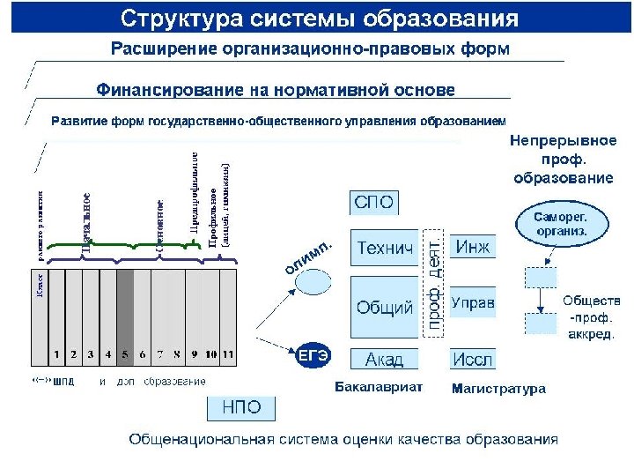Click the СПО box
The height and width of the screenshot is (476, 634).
pyautogui.click(x=374, y=204)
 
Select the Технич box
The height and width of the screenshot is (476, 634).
pyautogui.click(x=385, y=249)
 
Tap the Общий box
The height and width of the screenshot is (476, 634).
pyautogui.click(x=385, y=308)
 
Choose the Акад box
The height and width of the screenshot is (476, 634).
pyautogui.click(x=385, y=359)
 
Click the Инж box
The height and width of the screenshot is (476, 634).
pyautogui.click(x=473, y=246)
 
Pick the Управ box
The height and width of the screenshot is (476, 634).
pyautogui.click(x=473, y=302)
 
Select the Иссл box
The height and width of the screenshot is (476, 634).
pyautogui.click(x=473, y=359)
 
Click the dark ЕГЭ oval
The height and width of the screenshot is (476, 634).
pyautogui.click(x=313, y=355)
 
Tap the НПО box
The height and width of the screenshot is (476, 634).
pyautogui.click(x=240, y=407)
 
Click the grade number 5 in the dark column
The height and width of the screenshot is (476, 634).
pyautogui.click(x=125, y=354)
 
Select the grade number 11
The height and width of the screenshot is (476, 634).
pyautogui.click(x=229, y=354)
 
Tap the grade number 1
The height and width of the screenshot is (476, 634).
pyautogui.click(x=56, y=354)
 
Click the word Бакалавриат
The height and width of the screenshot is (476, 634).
pyautogui.click(x=380, y=387)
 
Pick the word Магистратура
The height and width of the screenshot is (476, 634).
pyautogui.click(x=498, y=388)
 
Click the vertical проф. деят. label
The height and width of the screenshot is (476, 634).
pyautogui.click(x=434, y=282)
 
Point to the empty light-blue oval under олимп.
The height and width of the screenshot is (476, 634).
pyautogui.click(x=313, y=281)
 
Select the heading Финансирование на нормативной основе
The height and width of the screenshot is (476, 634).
pyautogui.click(x=275, y=89)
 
